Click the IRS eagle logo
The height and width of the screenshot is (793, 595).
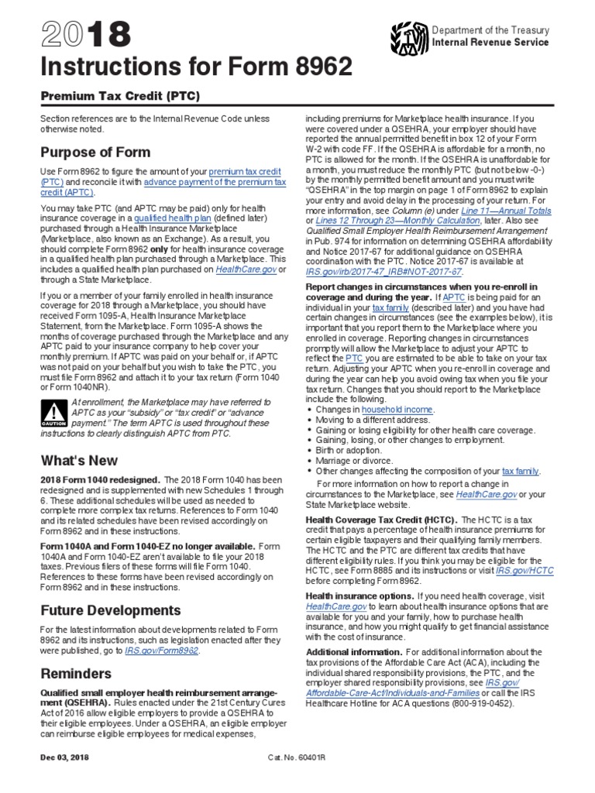point(408,35)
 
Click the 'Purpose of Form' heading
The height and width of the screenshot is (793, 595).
point(95,152)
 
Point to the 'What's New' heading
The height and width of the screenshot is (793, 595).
point(79,460)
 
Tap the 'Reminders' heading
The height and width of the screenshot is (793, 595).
point(76,673)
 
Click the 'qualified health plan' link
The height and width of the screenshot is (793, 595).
point(168,218)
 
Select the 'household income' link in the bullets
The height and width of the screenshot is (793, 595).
point(397,408)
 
